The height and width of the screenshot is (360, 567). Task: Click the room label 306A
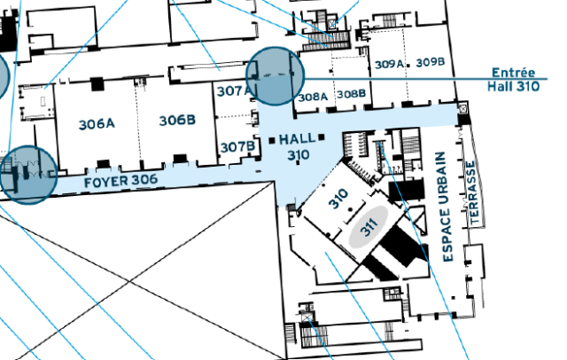tap(97, 124)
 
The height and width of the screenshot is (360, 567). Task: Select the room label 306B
tap(177, 120)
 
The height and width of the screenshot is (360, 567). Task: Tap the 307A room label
tap(234, 90)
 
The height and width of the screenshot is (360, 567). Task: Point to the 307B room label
tap(237, 147)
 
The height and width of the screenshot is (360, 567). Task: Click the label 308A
tap(313, 97)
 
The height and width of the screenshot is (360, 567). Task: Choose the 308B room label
tap(351, 94)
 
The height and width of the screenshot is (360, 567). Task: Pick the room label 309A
tap(389, 65)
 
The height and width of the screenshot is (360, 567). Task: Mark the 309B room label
tap(431, 62)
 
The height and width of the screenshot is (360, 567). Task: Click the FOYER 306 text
tap(120, 181)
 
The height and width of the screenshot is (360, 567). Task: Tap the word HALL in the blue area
tap(297, 139)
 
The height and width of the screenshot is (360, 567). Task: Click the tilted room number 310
tap(338, 199)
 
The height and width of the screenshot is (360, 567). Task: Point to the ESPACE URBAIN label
tap(445, 207)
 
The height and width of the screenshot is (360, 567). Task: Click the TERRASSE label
tap(472, 192)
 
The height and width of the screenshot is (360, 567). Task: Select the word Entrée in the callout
tap(513, 73)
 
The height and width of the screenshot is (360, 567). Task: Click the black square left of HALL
tap(272, 140)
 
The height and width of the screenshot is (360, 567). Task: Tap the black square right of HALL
tap(322, 137)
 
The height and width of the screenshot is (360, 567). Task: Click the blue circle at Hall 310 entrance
tap(276, 76)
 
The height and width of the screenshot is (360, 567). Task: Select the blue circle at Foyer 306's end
tap(27, 175)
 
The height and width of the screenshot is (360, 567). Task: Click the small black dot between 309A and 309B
tap(408, 66)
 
